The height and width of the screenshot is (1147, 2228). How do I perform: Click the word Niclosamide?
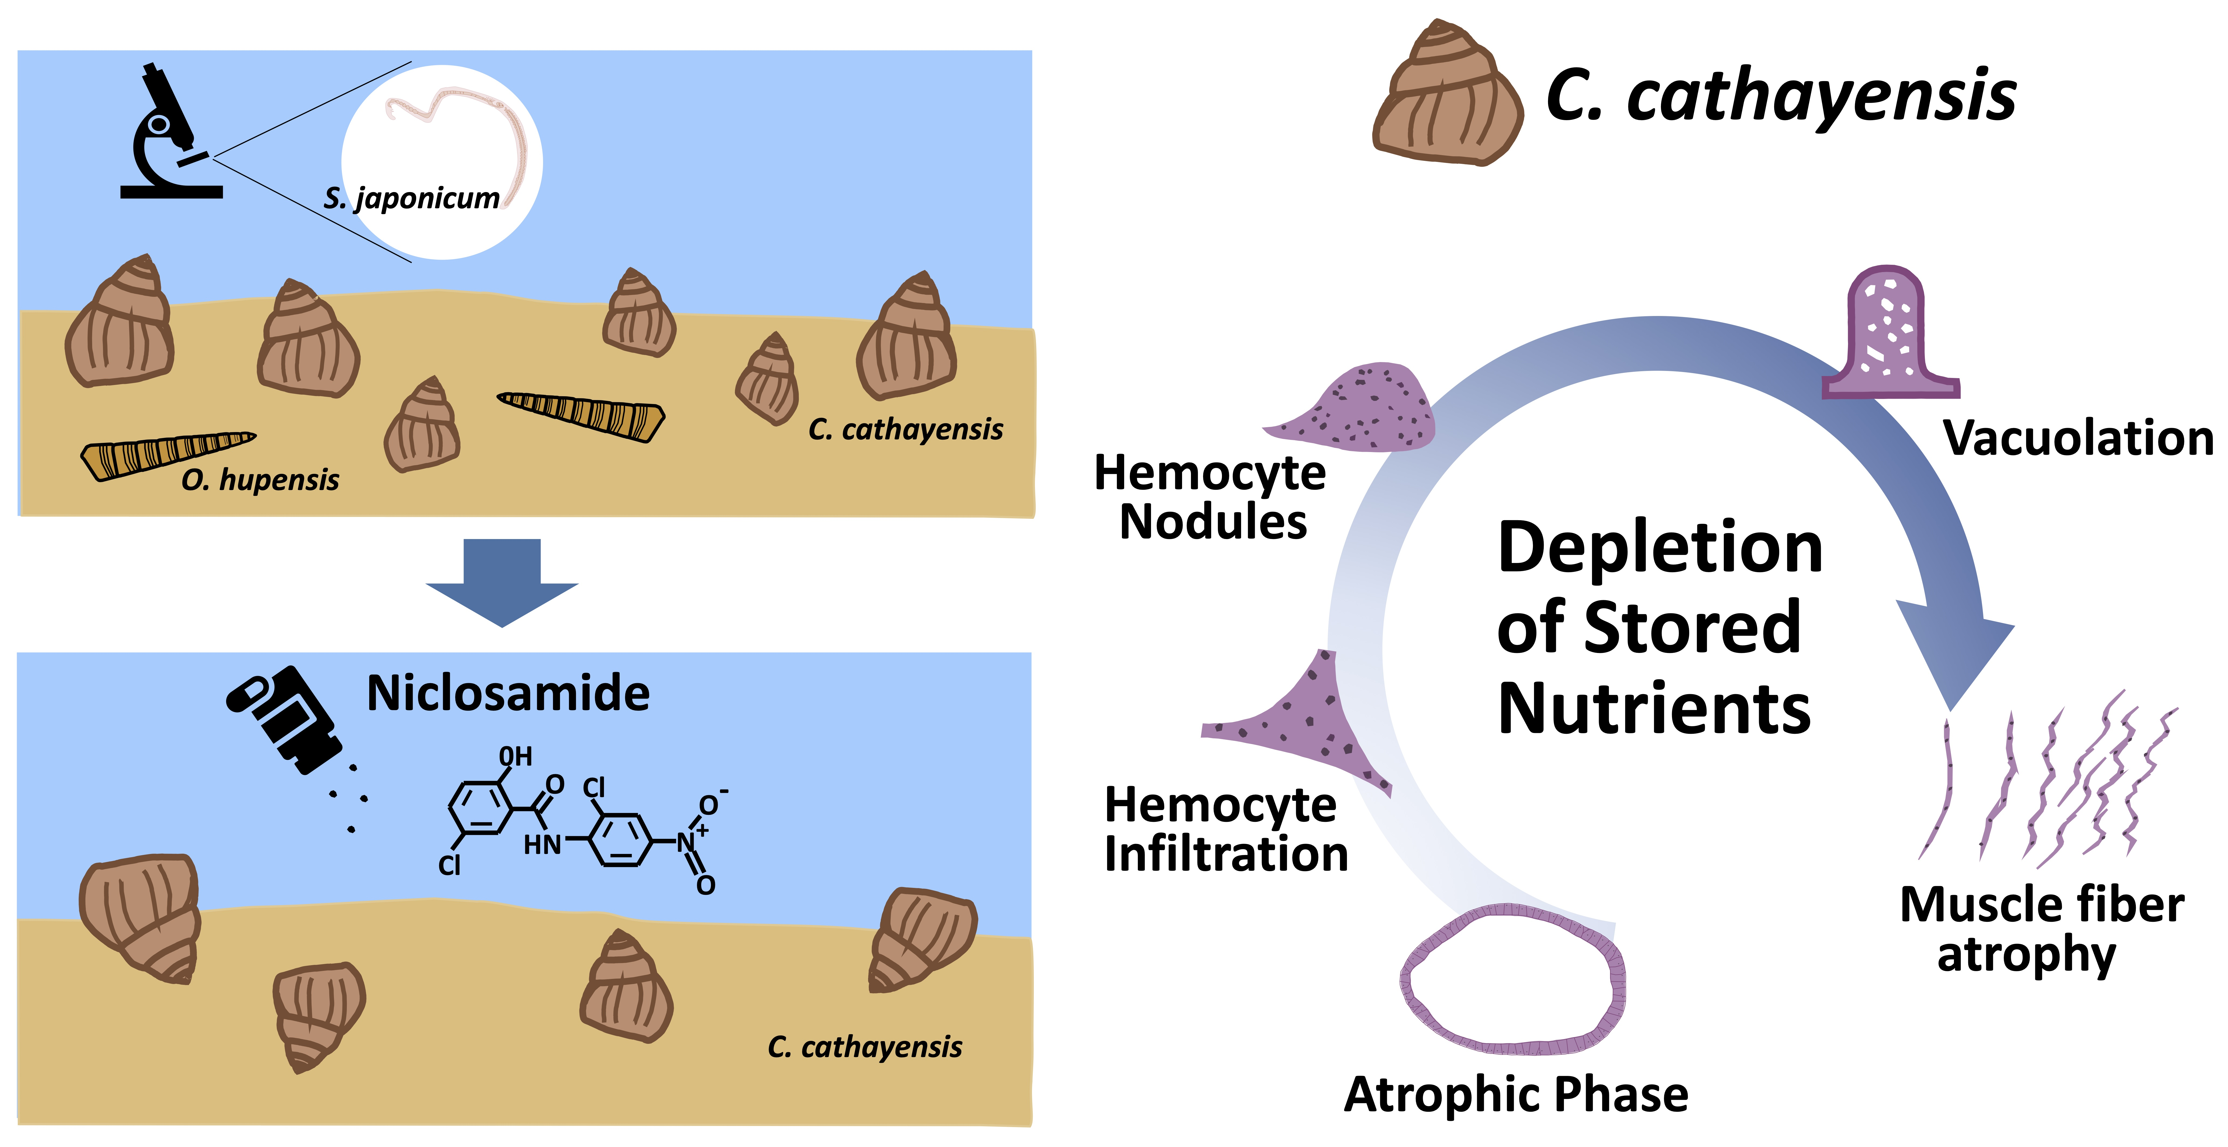click(x=509, y=693)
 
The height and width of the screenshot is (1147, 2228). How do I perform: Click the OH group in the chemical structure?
click(x=516, y=757)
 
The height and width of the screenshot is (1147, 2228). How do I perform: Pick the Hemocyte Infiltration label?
click(x=1225, y=830)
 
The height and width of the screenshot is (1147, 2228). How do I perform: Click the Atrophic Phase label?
click(x=1515, y=1095)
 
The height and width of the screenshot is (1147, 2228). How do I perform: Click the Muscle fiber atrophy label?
click(x=2041, y=929)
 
